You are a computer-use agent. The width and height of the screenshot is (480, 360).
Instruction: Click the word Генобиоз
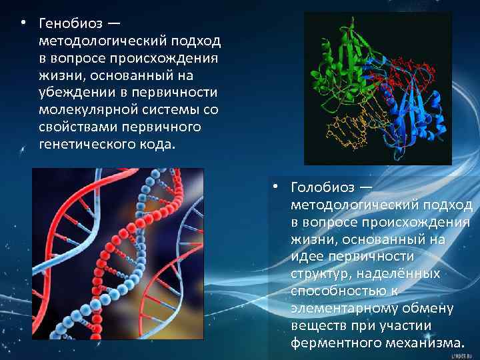click(x=70, y=24)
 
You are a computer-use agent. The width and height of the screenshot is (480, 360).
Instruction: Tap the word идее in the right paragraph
click(x=309, y=256)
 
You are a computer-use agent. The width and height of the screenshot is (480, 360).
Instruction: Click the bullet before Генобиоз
click(x=23, y=23)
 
